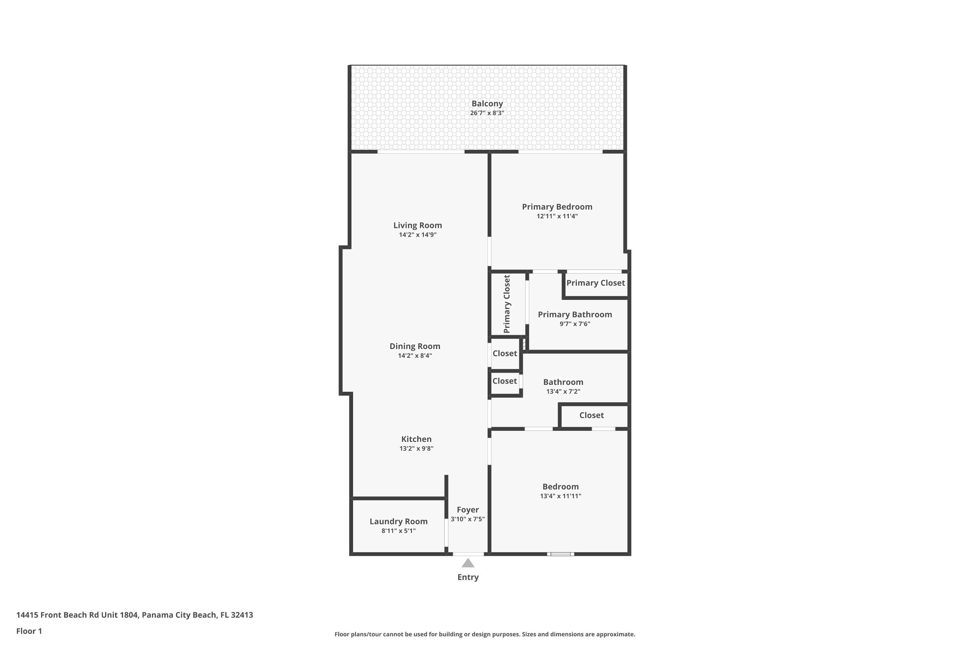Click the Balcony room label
click(487, 104)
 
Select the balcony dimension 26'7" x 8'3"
click(487, 113)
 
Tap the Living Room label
click(417, 225)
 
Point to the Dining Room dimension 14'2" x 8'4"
click(415, 356)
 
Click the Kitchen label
click(416, 439)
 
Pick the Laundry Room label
click(398, 521)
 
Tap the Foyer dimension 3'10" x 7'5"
click(467, 519)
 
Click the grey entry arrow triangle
click(468, 563)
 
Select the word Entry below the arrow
click(468, 577)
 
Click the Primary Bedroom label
click(557, 207)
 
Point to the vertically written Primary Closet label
click(507, 304)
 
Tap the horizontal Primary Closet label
click(595, 283)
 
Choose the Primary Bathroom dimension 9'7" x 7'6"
click(575, 324)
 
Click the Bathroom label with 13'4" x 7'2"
click(563, 382)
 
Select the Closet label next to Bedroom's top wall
click(591, 415)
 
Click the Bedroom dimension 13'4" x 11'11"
click(560, 496)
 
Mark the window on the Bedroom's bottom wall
click(560, 554)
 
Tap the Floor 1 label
click(29, 631)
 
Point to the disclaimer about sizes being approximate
click(485, 634)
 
